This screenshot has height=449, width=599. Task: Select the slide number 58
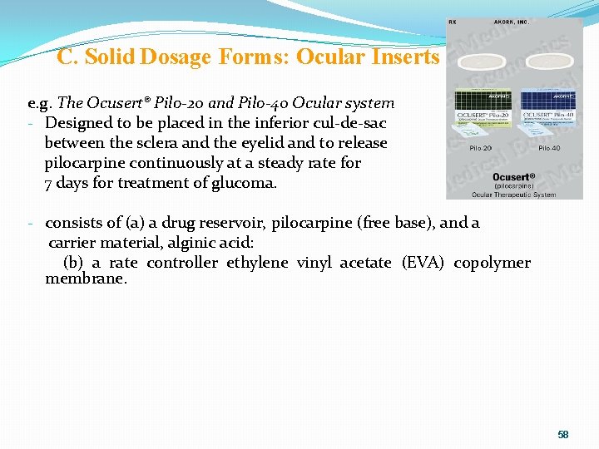point(563,435)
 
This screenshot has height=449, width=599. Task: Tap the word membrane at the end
point(85,279)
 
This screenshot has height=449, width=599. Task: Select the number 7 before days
point(49,183)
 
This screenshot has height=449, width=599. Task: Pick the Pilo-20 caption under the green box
point(480,148)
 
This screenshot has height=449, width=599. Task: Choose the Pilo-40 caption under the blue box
point(549,148)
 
